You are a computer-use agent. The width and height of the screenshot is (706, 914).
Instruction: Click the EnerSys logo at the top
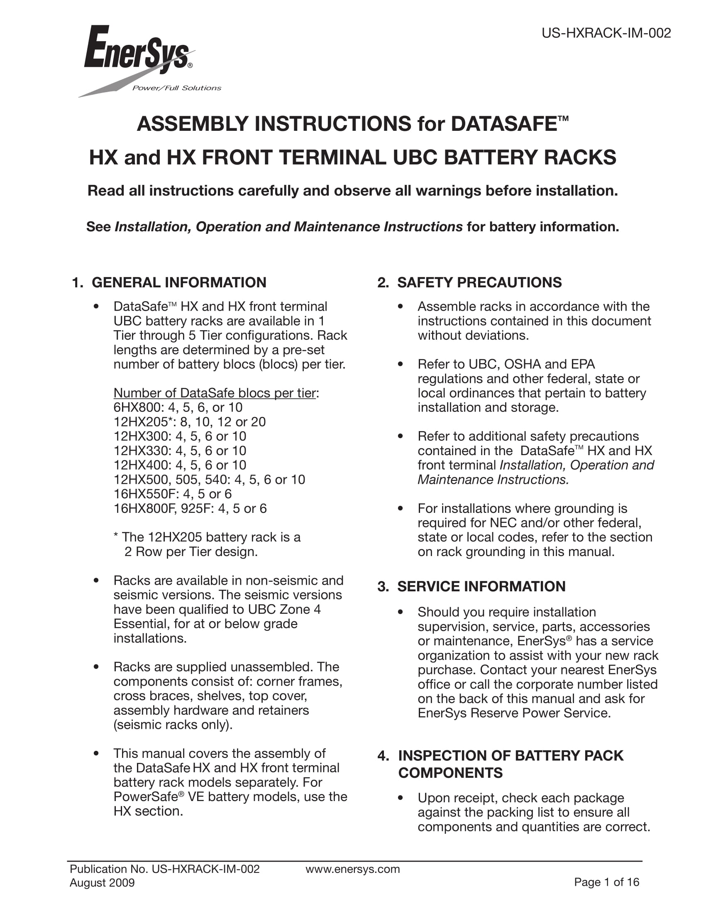138,52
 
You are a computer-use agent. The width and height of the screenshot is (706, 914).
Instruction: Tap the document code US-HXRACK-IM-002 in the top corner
606,33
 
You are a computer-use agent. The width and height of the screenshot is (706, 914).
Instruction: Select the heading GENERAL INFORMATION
179,282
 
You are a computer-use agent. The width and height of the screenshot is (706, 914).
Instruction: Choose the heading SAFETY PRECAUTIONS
479,282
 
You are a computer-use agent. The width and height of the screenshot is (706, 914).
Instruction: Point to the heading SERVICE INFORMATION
481,586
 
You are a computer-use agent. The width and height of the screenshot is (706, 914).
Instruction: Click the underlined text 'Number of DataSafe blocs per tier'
215,393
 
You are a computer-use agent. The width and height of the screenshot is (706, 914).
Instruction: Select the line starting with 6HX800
178,407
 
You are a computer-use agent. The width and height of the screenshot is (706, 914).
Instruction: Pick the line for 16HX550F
172,494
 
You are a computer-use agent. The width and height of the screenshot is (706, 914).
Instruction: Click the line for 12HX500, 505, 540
209,480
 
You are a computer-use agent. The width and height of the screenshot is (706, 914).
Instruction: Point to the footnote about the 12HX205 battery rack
207,544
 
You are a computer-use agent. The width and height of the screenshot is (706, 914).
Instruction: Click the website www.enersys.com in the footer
352,869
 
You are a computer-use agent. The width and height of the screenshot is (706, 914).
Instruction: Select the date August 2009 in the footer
102,882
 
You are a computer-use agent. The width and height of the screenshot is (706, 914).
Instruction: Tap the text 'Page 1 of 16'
606,882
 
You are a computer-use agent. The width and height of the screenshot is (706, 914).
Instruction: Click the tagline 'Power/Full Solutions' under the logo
176,88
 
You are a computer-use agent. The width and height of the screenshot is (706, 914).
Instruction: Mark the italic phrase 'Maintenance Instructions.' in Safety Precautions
493,480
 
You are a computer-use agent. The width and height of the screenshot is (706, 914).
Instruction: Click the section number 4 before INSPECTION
382,756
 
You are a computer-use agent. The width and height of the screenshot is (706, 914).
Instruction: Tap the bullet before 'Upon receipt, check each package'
400,798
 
